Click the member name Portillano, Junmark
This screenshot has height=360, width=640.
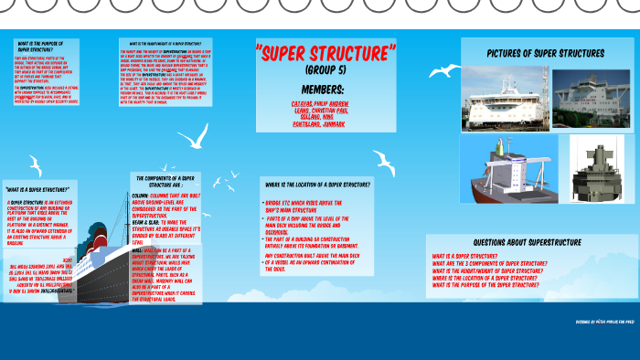click(x=321, y=122)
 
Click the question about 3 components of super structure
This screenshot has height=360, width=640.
click(x=490, y=263)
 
